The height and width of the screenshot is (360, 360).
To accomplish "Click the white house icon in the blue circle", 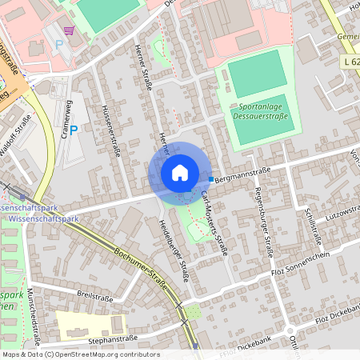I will [x=180, y=173].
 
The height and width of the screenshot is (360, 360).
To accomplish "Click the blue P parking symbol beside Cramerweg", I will [x=74, y=130].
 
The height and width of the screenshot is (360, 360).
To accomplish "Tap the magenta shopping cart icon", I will [x=70, y=30].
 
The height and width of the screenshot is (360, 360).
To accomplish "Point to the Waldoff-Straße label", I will [x=18, y=130].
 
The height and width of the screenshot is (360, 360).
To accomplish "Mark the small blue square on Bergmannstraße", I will [x=211, y=179].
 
